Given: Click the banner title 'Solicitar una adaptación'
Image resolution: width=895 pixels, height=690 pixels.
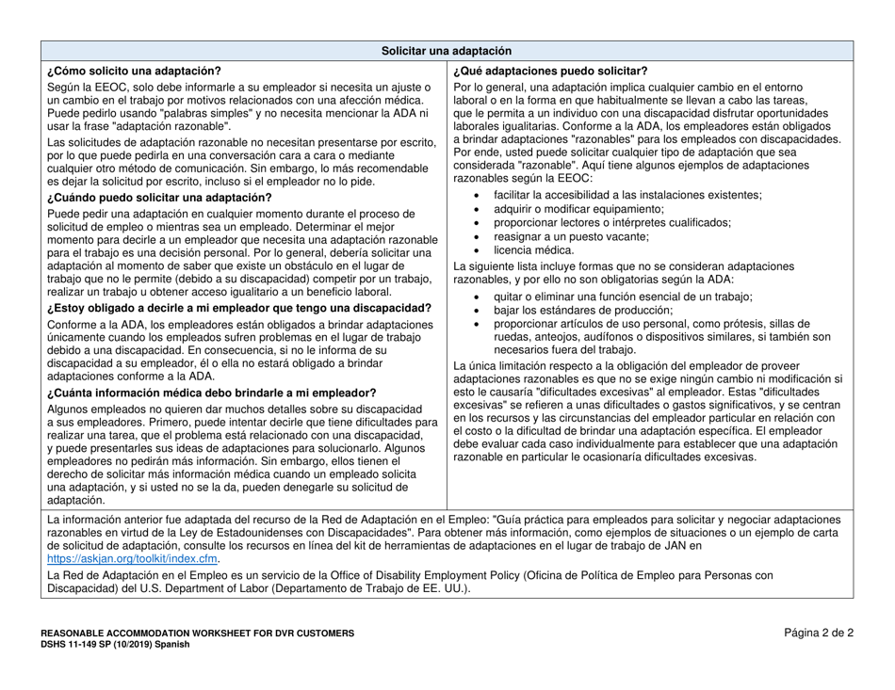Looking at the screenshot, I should pyautogui.click(x=447, y=51).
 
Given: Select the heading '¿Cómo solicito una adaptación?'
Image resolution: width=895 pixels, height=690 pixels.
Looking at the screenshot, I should pyautogui.click(x=134, y=71).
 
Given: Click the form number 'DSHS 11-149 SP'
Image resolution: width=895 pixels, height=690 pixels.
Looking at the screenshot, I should pyautogui.click(x=89, y=645).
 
